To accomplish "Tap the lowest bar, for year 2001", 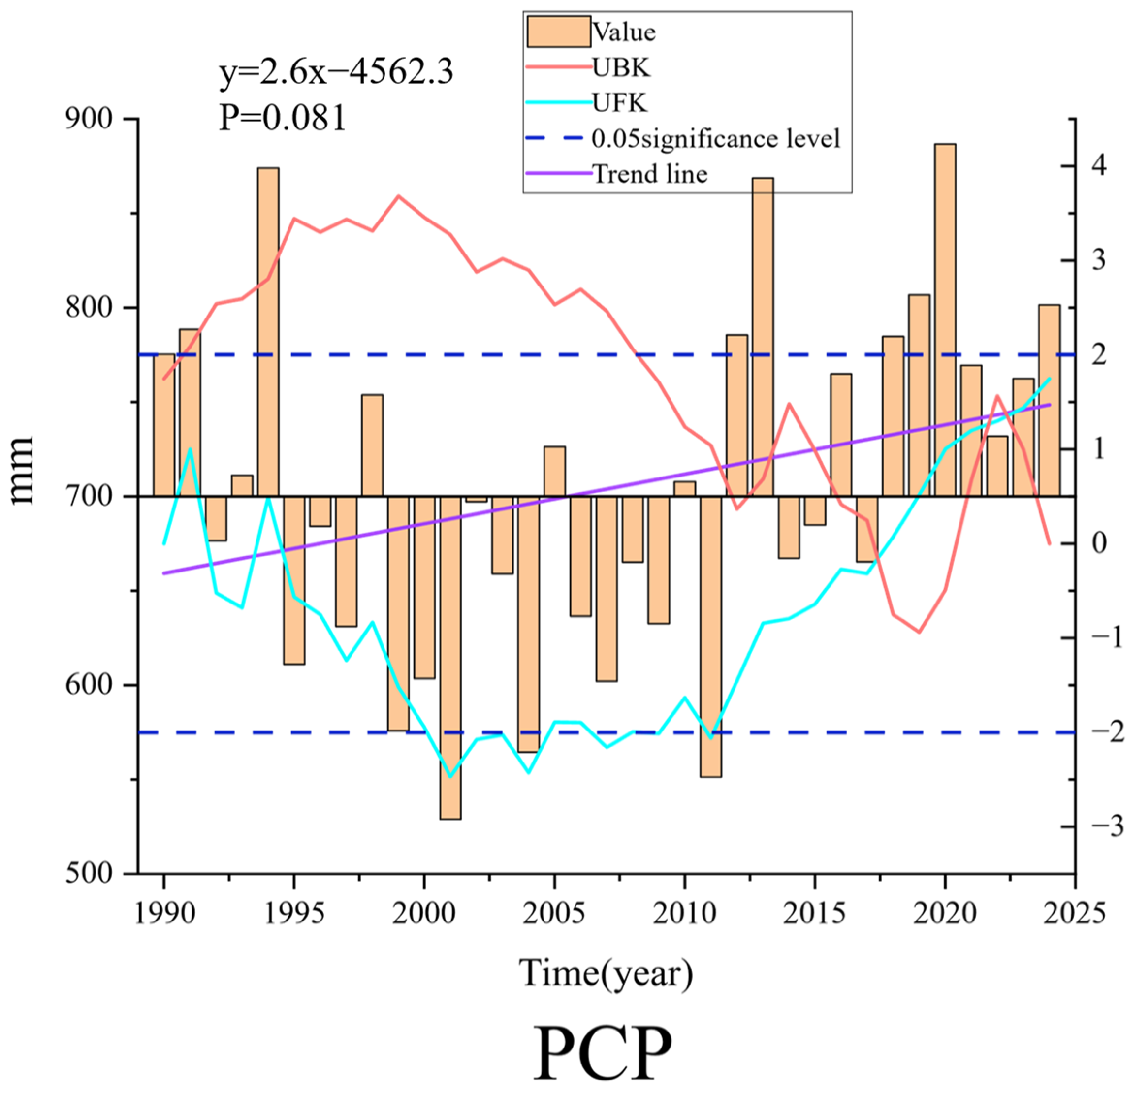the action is click(x=450, y=658).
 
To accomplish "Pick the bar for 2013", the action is click(x=763, y=337).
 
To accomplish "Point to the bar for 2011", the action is click(x=711, y=636).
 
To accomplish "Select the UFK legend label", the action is click(x=620, y=103).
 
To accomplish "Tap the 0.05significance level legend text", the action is click(x=716, y=138).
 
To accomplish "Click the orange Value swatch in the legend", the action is click(x=559, y=31).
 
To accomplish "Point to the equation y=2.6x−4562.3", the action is click(x=336, y=72).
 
